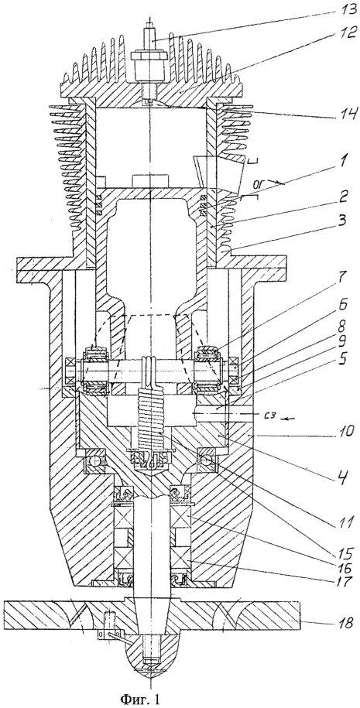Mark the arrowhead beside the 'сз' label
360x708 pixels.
coord(283,417)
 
